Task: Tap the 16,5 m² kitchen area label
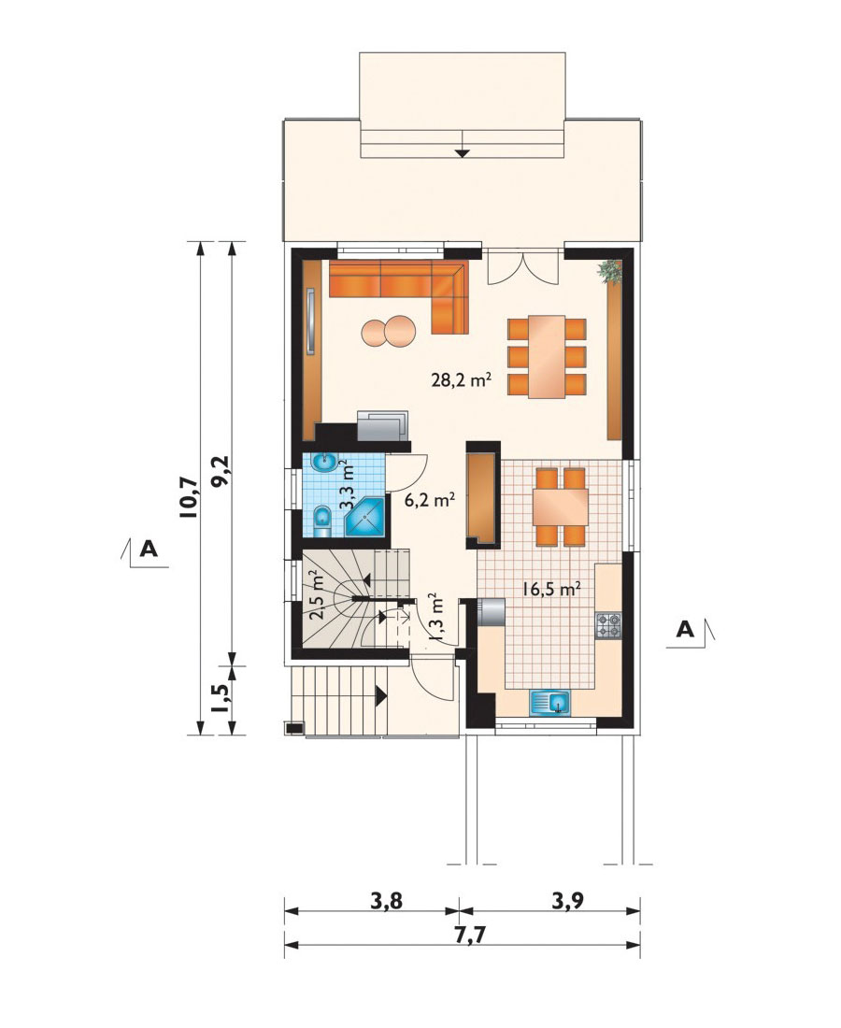552,588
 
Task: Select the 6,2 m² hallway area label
430,500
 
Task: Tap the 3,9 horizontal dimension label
567,901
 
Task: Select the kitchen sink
550,703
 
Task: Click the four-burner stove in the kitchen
607,625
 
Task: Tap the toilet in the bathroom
321,521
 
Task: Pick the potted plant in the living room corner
609,271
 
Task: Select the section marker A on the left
145,551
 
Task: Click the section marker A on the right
691,632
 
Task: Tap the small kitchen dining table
560,507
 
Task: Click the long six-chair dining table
547,357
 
